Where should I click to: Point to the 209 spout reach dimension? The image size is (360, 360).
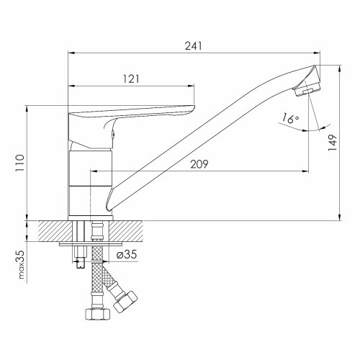tap(199, 164)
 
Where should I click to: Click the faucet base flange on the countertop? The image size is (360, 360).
tap(90, 217)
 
